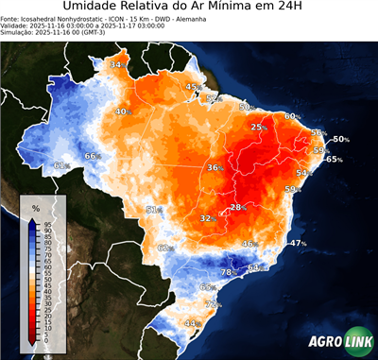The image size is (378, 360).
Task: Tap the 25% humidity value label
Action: coord(257,127)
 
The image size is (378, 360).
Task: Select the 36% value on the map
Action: coord(215,167)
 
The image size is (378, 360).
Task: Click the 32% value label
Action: coord(206,218)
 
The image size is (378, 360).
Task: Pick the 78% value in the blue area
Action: coord(228,272)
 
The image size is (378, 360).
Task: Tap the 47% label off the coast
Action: coord(298,243)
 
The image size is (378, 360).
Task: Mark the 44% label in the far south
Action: coord(191,323)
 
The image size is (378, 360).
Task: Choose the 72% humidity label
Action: coord(213,304)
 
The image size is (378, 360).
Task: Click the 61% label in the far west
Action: coord(60,165)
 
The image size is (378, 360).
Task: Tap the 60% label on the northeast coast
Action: coord(292,116)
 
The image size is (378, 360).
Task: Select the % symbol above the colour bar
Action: coord(35,207)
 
